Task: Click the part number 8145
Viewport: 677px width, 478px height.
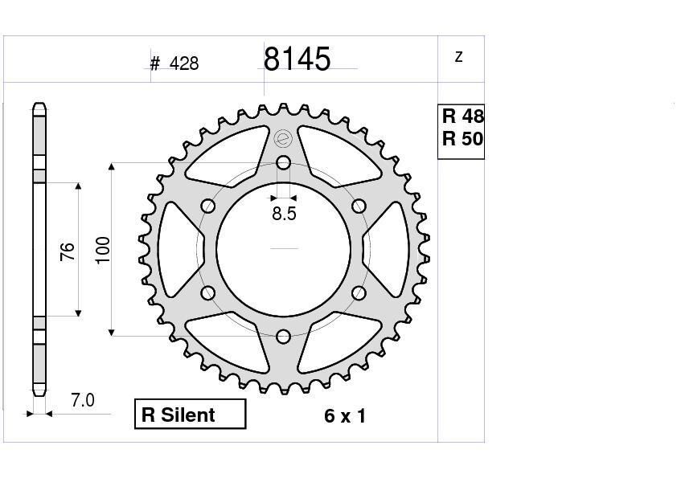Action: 297,59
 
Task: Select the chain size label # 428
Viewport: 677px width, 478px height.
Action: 174,63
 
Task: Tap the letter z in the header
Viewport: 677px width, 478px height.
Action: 459,57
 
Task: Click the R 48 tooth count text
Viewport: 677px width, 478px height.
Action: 462,116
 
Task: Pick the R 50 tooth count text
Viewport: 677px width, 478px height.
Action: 462,139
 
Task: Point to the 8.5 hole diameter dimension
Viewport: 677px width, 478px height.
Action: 284,214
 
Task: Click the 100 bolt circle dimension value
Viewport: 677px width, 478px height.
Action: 103,250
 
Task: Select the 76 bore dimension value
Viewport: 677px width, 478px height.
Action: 68,251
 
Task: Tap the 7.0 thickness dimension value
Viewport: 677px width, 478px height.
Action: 82,400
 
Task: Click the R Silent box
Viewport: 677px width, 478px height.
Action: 190,415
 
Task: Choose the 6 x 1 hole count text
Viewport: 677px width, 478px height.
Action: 345,416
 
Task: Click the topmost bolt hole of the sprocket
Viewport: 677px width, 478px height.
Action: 283,163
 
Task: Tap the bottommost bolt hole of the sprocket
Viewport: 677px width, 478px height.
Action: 283,336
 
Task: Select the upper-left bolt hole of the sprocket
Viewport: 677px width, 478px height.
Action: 208,206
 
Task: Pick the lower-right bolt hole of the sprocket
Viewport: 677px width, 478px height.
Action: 358,292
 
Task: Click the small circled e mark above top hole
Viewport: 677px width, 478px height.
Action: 282,139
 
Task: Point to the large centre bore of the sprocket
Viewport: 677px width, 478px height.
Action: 283,249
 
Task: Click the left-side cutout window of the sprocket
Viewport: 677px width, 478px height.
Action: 181,249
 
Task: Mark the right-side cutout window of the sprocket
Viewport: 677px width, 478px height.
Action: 386,249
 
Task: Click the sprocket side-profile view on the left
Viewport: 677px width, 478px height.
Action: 39,249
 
